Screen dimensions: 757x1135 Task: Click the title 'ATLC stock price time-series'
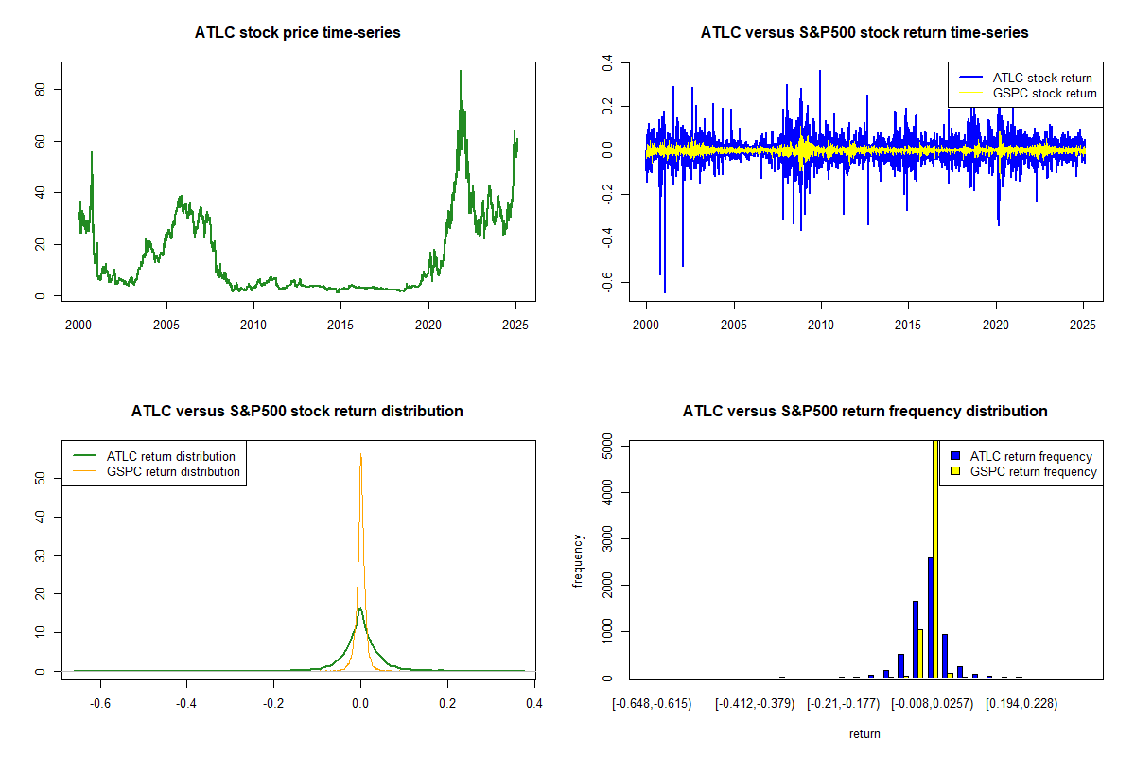[298, 33]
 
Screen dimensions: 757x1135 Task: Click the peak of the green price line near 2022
[461, 72]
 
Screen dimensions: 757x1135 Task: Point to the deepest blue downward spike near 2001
[665, 291]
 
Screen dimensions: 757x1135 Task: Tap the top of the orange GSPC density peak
[360, 455]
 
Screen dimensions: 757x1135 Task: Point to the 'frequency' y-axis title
[579, 561]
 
